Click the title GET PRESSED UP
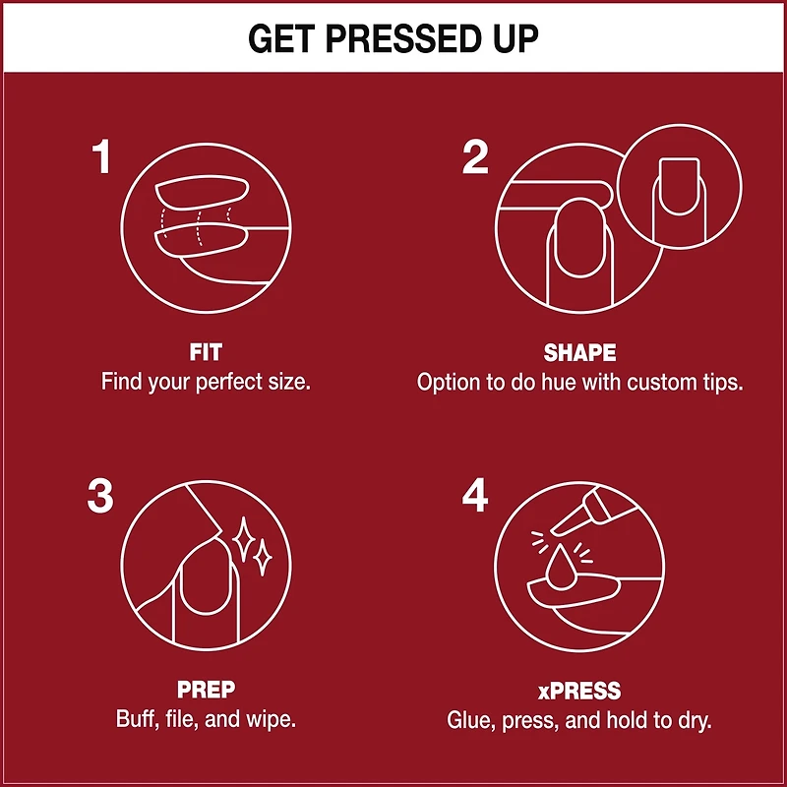click(393, 37)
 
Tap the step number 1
click(101, 157)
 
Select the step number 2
click(475, 157)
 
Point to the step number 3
click(100, 496)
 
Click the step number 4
click(475, 496)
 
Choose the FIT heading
click(206, 352)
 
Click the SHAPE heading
click(579, 352)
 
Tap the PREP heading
click(206, 691)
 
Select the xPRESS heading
click(579, 691)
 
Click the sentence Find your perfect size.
click(206, 382)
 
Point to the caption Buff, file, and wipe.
click(206, 719)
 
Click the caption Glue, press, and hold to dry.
click(579, 719)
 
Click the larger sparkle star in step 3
click(243, 537)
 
